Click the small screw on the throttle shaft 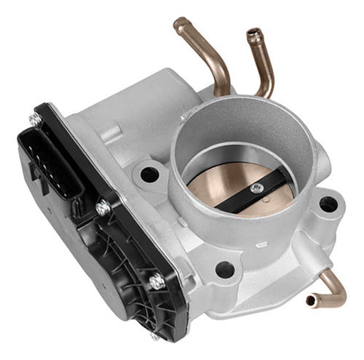256,188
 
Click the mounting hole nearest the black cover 150,174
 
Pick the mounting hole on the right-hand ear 328,204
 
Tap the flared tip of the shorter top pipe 253,33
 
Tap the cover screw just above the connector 34,118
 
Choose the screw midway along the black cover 104,208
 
